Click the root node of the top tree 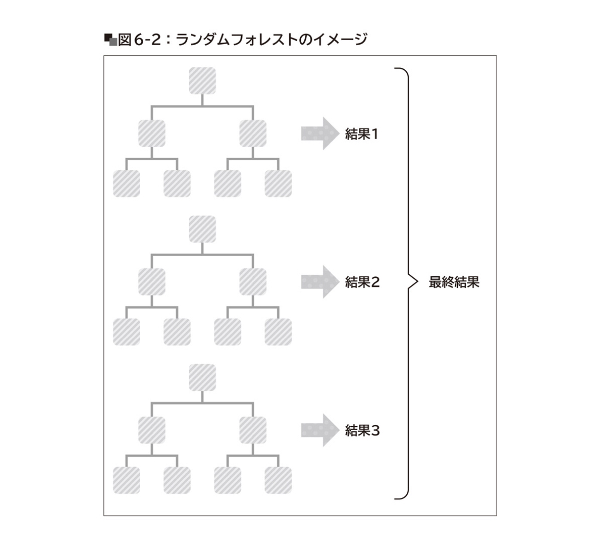pyautogui.click(x=202, y=81)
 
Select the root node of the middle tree pyautogui.click(x=202, y=229)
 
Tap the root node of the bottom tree pyautogui.click(x=202, y=378)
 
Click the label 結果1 pyautogui.click(x=362, y=134)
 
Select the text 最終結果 pyautogui.click(x=454, y=282)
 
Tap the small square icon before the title pyautogui.click(x=110, y=39)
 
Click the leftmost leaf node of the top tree pyautogui.click(x=127, y=183)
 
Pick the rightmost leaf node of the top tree pyautogui.click(x=278, y=183)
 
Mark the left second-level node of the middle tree pyautogui.click(x=152, y=282)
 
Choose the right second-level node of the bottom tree pyautogui.click(x=253, y=430)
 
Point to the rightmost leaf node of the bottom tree pyautogui.click(x=278, y=480)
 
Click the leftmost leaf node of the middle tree pyautogui.click(x=127, y=332)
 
